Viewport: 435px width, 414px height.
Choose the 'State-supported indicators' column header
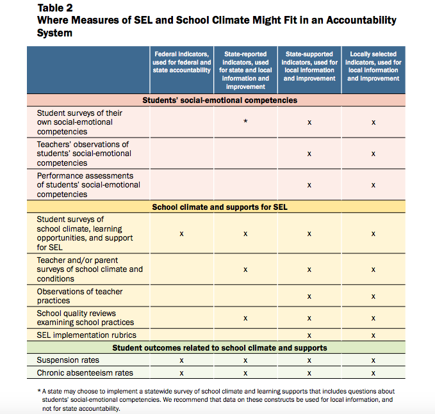click(x=309, y=66)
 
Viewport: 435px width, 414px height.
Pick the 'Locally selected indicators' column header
click(x=373, y=66)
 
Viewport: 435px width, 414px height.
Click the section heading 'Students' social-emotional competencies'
click(x=220, y=100)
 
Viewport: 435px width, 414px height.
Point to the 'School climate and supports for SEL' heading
click(x=220, y=207)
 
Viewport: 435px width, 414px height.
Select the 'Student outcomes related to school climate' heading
click(x=220, y=348)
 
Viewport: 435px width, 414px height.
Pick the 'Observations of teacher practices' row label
click(x=79, y=296)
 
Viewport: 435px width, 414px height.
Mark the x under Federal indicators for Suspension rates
click(x=181, y=361)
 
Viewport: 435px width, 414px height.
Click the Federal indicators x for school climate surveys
click(x=181, y=234)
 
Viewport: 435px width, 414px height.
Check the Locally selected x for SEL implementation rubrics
click(x=373, y=335)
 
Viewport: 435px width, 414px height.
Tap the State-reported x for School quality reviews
click(x=245, y=318)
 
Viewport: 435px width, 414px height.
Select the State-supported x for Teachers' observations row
click(x=309, y=154)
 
